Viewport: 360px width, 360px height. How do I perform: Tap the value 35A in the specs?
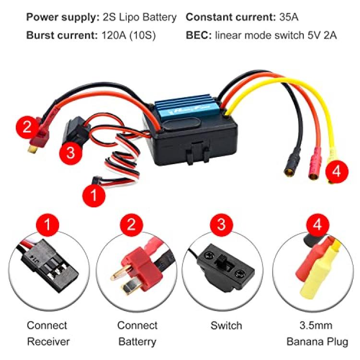(289, 17)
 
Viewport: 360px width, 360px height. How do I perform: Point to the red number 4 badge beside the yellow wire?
(336, 171)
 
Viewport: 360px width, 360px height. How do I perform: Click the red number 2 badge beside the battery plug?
(27, 127)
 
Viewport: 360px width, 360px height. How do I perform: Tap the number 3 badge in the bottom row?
(221, 225)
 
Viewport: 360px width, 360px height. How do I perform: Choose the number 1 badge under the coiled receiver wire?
(94, 195)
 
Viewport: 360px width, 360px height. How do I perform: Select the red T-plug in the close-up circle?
(138, 269)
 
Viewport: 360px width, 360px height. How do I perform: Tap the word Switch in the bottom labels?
(226, 325)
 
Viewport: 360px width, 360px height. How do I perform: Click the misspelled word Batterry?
(137, 342)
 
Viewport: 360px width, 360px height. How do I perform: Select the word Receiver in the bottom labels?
(48, 342)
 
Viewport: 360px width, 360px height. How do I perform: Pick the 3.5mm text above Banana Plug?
(316, 325)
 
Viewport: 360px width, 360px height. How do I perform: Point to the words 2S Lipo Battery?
(140, 17)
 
